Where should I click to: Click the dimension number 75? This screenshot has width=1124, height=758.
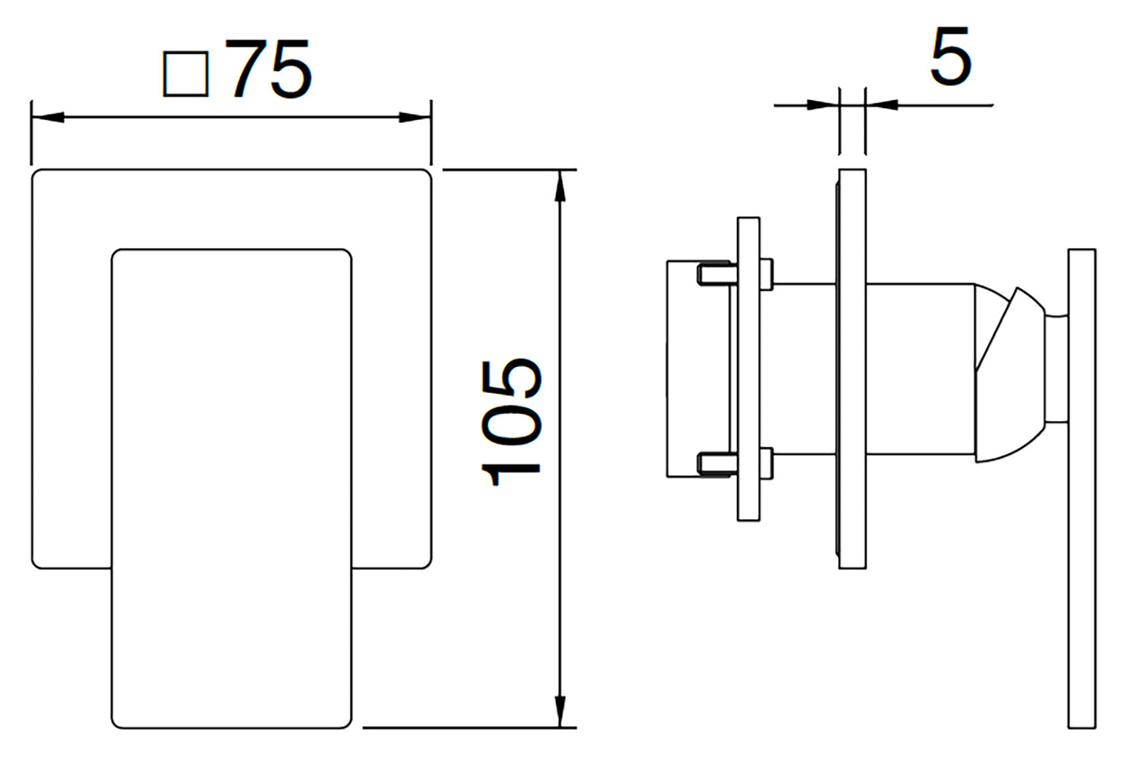pyautogui.click(x=272, y=69)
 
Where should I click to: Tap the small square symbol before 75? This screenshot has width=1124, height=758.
pyautogui.click(x=186, y=74)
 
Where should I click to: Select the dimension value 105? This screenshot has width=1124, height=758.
pyautogui.click(x=511, y=422)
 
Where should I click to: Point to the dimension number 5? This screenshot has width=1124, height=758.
pyautogui.click(x=950, y=56)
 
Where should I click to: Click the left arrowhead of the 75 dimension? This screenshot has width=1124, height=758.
pyautogui.click(x=48, y=117)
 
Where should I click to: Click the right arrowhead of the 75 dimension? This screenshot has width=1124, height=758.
pyautogui.click(x=415, y=117)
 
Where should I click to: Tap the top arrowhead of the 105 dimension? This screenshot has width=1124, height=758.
pyautogui.click(x=560, y=186)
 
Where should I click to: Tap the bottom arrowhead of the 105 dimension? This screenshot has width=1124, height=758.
pyautogui.click(x=560, y=711)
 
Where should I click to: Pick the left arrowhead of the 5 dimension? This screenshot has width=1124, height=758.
pyautogui.click(x=822, y=106)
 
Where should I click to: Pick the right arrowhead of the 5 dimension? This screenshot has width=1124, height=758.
pyautogui.click(x=881, y=106)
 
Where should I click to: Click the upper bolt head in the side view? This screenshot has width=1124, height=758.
pyautogui.click(x=766, y=274)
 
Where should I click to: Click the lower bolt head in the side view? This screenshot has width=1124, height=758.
pyautogui.click(x=766, y=464)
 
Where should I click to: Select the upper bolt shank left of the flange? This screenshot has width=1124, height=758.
pyautogui.click(x=717, y=274)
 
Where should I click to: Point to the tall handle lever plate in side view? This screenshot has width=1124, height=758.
pyautogui.click(x=1082, y=488)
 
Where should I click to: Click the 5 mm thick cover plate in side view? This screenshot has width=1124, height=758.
pyautogui.click(x=852, y=368)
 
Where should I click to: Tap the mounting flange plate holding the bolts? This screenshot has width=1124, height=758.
pyautogui.click(x=749, y=368)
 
